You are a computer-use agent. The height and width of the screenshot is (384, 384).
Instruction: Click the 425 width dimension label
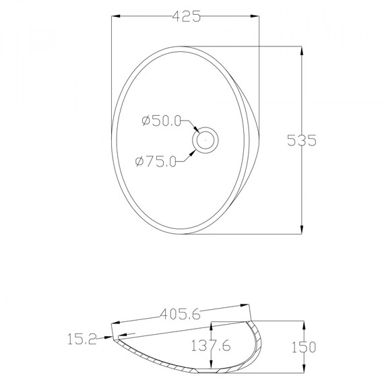[x=187, y=16]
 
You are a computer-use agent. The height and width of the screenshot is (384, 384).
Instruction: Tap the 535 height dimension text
[x=301, y=140]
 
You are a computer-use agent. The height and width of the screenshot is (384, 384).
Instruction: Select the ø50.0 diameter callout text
[x=161, y=121]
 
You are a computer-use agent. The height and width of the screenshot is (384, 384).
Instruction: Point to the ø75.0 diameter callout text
[x=156, y=162]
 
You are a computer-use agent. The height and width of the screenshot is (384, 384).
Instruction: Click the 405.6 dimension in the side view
[x=181, y=314]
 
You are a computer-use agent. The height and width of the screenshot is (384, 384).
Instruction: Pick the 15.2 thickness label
[x=82, y=339]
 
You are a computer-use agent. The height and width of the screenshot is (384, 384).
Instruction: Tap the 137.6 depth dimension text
[x=211, y=346]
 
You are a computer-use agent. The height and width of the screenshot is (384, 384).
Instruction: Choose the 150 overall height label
[x=304, y=347]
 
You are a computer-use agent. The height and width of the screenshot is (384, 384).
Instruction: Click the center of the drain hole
[x=205, y=140]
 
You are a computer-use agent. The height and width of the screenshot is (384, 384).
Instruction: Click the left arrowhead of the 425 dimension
[x=116, y=16]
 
